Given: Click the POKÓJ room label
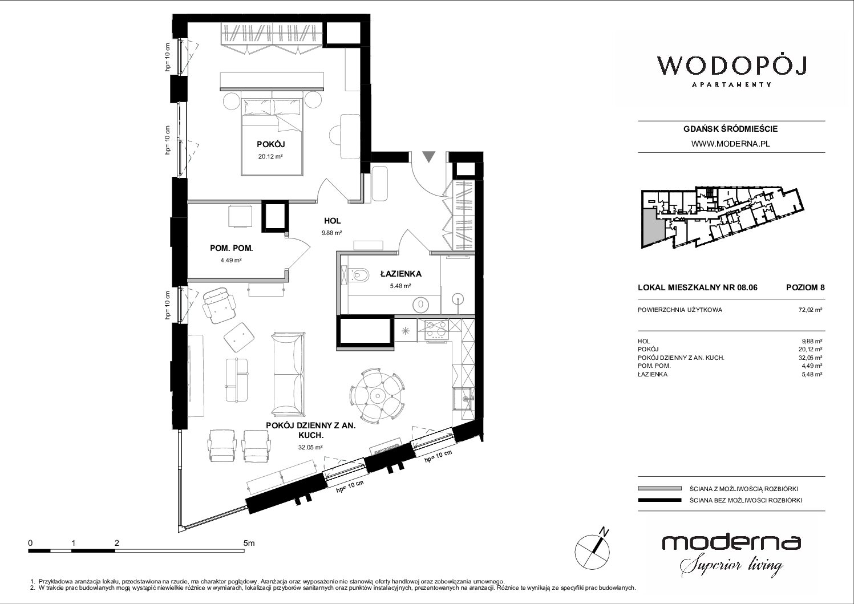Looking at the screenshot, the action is tap(270, 144).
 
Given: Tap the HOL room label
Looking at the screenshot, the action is tap(332, 221).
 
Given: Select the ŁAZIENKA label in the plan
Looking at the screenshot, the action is tap(400, 274).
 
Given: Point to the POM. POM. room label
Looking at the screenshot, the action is tap(232, 249).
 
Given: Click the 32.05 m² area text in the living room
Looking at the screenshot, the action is tap(310, 447).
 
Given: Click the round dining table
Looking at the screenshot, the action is tap(377, 396).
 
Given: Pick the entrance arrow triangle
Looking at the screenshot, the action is tap(429, 157).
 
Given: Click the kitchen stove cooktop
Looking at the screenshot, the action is tap(437, 330).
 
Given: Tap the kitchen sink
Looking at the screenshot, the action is tap(463, 399).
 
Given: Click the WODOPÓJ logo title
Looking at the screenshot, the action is tap(731, 66).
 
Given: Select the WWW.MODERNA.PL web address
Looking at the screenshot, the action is tap(730, 144).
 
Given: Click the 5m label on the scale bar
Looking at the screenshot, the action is tap(249, 543).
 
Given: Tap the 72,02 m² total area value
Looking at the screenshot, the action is tap(810, 310).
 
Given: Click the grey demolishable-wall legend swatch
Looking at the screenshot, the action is tap(659, 489).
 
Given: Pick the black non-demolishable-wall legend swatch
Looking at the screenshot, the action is tap(659, 500).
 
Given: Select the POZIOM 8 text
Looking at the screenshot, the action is tap(805, 287).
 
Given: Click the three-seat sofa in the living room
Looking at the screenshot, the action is tap(289, 374).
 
